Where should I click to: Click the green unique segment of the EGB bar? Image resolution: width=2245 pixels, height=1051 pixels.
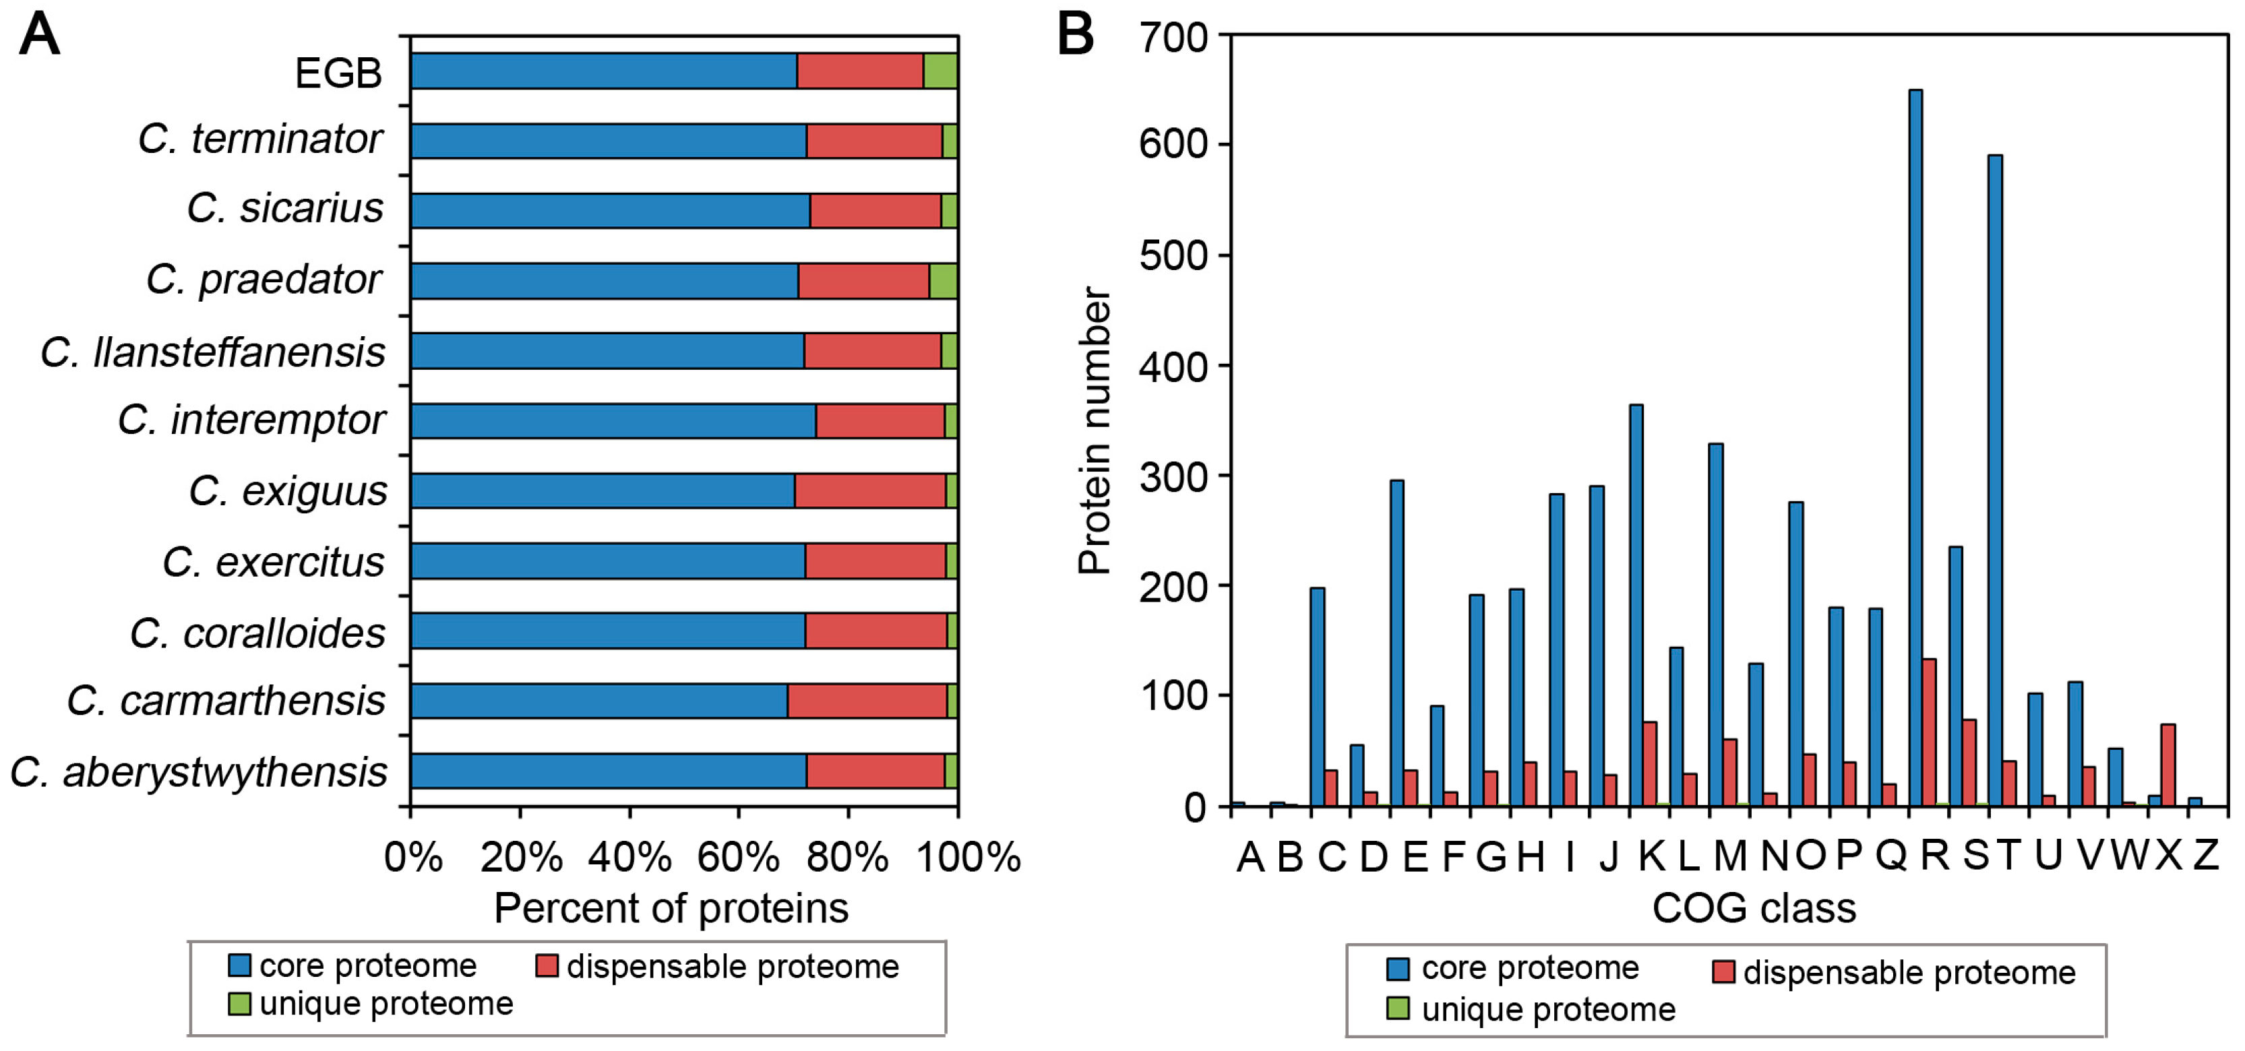click(940, 71)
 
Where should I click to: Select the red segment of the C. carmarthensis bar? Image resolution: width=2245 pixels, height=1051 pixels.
click(867, 701)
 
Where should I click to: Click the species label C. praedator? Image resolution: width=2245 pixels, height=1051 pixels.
click(264, 280)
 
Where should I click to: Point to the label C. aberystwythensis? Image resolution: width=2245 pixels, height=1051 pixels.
click(199, 772)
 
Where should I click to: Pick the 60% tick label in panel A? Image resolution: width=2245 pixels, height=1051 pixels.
click(738, 858)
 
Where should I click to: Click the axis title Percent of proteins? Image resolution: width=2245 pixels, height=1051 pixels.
click(671, 908)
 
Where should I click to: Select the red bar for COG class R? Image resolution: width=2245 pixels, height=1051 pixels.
click(1929, 732)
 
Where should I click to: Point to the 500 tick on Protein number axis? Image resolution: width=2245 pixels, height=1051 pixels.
click(1173, 255)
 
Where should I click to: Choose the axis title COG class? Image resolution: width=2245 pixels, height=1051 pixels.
click(1754, 908)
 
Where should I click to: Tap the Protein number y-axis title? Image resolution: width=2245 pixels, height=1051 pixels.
click(1095, 431)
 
